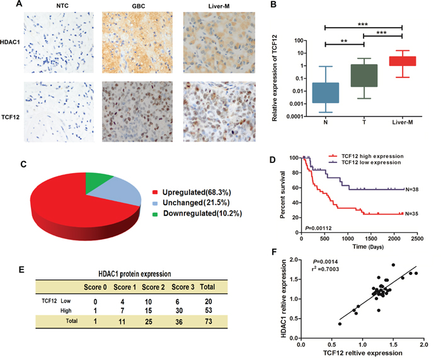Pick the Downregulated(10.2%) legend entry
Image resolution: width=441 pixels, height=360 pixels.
(x=201, y=213)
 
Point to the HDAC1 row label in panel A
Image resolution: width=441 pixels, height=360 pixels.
(x=11, y=38)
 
